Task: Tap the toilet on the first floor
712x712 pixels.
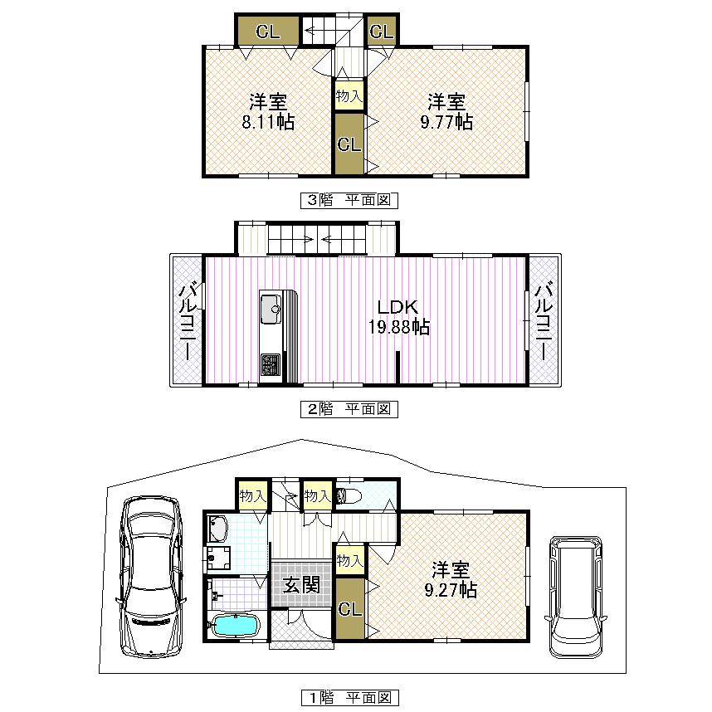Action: point(349,497)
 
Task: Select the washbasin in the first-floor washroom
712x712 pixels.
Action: point(218,528)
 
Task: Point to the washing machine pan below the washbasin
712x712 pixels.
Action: point(220,557)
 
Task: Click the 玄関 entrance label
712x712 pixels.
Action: point(301,584)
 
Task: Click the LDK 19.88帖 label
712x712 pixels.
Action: point(398,317)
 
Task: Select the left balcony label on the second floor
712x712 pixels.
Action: point(188,320)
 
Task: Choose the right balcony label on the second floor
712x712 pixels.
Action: point(544,320)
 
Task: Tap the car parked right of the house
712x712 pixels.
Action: point(576,596)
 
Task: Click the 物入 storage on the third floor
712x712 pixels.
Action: point(349,95)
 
